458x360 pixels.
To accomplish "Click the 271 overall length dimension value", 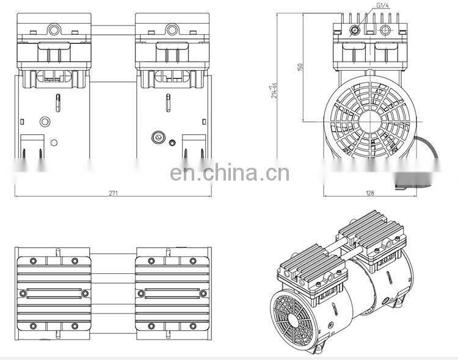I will tap(114, 193).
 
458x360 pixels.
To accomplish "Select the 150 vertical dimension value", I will tap(299, 67).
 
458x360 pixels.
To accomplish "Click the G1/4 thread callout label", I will tap(382, 5).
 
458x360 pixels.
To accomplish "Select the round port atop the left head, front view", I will tap(53, 29).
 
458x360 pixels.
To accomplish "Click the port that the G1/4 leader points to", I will tap(355, 29).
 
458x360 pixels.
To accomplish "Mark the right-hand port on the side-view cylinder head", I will tap(387, 29).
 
